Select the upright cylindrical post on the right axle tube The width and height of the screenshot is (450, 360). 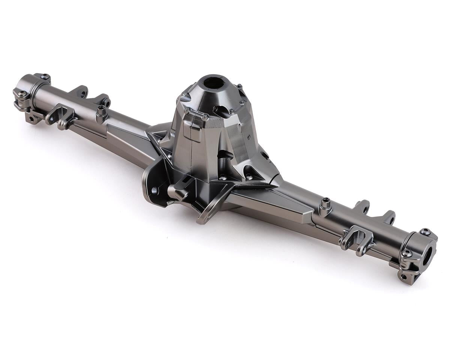click(325, 207)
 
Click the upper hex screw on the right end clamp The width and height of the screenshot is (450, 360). click(425, 232)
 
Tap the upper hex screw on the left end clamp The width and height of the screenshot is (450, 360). click(45, 76)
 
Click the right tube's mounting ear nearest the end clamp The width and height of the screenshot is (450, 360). click(388, 217)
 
